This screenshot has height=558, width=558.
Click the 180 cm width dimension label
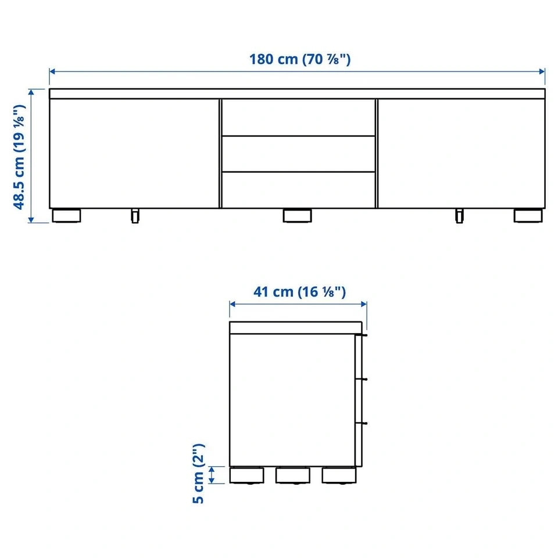[x=300, y=59]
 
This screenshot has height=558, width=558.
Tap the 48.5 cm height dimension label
[x=19, y=157]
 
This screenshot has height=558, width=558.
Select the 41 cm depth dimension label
[x=299, y=292]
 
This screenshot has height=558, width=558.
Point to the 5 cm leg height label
[x=198, y=473]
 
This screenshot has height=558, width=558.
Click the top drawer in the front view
[x=298, y=117]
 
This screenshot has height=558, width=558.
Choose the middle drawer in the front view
[x=298, y=153]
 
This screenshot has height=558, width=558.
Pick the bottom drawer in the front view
[x=298, y=190]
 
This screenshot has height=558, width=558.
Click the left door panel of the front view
[x=134, y=153]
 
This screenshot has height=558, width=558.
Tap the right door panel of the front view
[x=461, y=153]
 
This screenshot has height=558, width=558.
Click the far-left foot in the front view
[x=66, y=216]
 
